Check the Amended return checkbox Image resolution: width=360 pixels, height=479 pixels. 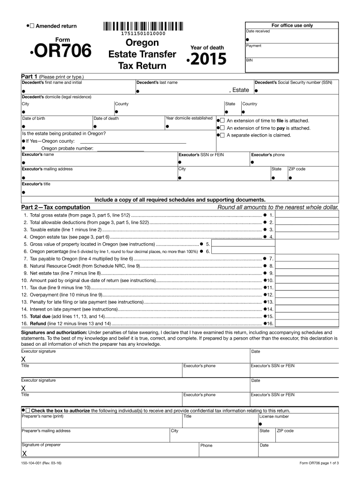[32, 26]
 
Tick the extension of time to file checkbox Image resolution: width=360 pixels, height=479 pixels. [223, 121]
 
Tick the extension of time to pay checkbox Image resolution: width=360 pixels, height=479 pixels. [223, 128]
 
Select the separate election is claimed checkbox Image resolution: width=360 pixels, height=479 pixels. [223, 136]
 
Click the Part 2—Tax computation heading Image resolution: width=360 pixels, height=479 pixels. [56, 207]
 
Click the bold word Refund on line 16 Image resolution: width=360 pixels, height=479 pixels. [38, 324]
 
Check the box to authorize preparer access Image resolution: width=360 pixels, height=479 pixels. [28, 410]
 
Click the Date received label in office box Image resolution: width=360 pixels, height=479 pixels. [258, 31]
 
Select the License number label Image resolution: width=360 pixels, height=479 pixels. [274, 416]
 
